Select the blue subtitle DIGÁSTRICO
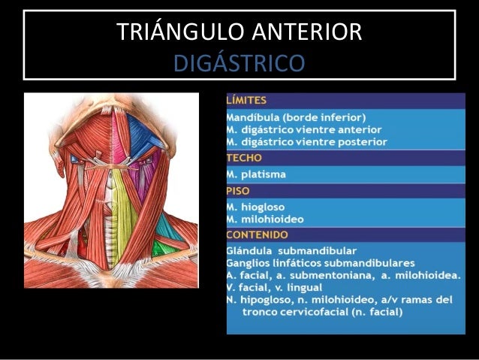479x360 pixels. (x=239, y=63)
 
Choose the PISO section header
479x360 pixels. (x=241, y=191)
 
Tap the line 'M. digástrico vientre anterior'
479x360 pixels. (x=305, y=129)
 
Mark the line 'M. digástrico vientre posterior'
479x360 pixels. (x=307, y=141)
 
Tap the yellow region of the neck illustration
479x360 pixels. (x=122, y=199)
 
